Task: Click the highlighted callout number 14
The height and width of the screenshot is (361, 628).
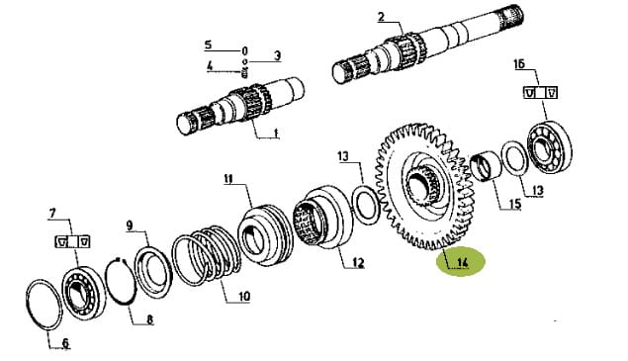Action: coord(462,263)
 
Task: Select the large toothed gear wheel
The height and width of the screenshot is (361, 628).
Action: coord(424,186)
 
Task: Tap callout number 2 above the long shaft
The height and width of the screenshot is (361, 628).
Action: coord(381,17)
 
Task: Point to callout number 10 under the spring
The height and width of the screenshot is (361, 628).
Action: coord(244,297)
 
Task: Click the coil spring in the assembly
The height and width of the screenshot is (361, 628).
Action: coord(207,254)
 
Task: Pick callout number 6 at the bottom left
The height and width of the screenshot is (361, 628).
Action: coord(65,343)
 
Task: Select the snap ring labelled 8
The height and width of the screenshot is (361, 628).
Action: coord(120,282)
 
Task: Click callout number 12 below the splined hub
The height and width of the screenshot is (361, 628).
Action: coord(358,263)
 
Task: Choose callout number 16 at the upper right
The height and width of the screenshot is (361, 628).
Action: coord(519,64)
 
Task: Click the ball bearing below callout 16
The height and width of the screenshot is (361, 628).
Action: coord(550,146)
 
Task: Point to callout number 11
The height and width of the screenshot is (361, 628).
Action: coord(228,179)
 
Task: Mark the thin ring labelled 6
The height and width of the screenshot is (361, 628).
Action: coord(45,305)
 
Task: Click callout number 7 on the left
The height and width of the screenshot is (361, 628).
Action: coord(52,214)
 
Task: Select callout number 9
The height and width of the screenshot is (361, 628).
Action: coord(130,226)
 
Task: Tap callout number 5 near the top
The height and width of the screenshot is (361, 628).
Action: coord(208,45)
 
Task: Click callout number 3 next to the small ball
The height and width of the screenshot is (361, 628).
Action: coord(277,55)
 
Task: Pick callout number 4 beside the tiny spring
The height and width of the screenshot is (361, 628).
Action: coord(210,65)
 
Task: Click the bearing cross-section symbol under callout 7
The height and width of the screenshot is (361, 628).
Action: coord(72,242)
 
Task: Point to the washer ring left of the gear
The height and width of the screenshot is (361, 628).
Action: coord(366,205)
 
